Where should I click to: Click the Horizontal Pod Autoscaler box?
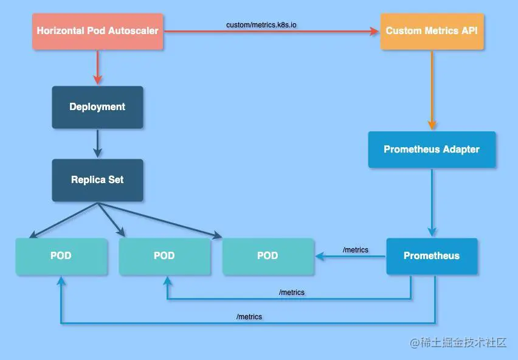click(97, 30)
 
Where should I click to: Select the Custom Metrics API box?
click(432, 30)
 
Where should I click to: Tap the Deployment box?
click(97, 107)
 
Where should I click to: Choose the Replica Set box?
click(97, 180)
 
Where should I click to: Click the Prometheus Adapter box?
click(432, 150)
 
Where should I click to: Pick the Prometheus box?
click(432, 256)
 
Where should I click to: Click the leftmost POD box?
click(61, 256)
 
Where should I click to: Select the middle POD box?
click(164, 256)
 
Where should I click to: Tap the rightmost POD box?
click(268, 256)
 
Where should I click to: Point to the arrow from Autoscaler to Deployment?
click(97, 67)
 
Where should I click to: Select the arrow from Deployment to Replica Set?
click(97, 144)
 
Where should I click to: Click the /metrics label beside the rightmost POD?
click(356, 250)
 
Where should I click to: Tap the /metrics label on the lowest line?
click(249, 317)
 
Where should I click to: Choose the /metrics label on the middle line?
click(292, 292)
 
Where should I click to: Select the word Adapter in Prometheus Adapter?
click(461, 150)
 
